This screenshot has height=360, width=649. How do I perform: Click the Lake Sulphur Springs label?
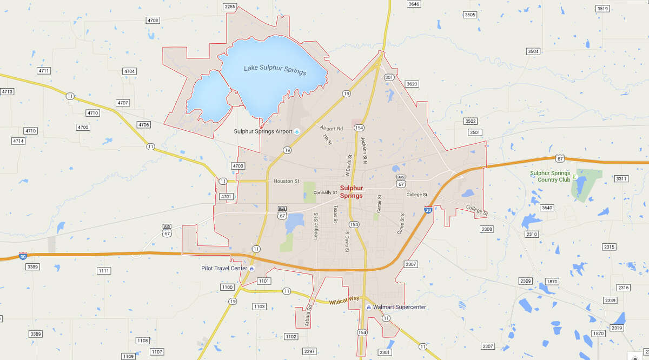pos(275,70)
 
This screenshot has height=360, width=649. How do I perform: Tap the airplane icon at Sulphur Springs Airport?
pos(297,131)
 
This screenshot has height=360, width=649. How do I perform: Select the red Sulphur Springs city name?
pos(351,192)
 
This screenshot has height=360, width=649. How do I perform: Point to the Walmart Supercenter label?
pos(400,308)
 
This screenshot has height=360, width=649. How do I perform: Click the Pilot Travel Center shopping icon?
pos(251,268)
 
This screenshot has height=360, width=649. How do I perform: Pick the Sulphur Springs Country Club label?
pos(550,176)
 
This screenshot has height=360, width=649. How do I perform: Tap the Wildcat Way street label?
pos(344,300)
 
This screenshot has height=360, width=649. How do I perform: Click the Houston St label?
pos(286,181)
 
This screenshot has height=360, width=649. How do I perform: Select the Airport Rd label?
pos(332,129)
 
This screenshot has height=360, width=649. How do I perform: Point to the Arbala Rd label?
pos(309,315)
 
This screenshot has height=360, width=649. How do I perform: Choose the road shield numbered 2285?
pos(229,6)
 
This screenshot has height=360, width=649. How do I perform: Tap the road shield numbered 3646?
pos(414,4)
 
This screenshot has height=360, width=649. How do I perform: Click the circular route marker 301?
pos(389,77)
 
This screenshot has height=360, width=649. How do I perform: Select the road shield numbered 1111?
pos(104,270)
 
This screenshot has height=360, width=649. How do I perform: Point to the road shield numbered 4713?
pos(6,91)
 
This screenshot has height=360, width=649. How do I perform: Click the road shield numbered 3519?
pos(602,8)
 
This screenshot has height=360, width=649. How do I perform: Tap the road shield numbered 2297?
pos(309,351)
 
